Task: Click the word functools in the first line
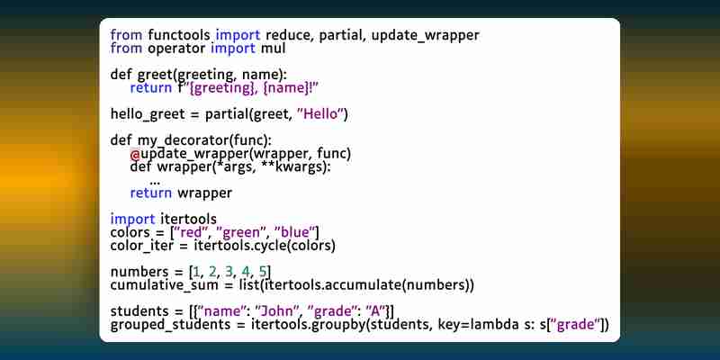[x=179, y=34]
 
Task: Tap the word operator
[x=176, y=49]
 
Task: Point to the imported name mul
[x=274, y=49]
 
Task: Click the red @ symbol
[x=135, y=154]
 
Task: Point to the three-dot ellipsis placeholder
[x=155, y=183]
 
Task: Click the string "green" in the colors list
[x=238, y=232]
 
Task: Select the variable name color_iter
[x=142, y=246]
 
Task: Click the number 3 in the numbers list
[x=229, y=272]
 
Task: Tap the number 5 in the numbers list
[x=263, y=272]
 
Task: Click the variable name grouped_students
[x=170, y=325]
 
